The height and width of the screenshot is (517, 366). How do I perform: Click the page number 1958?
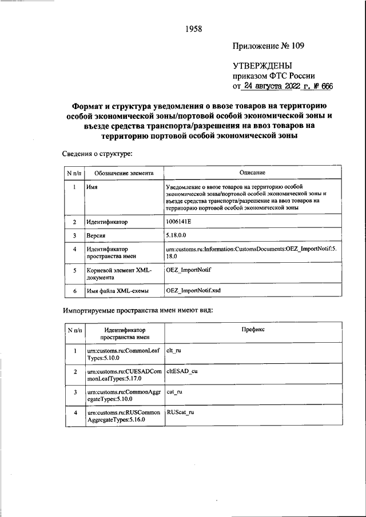(194, 29)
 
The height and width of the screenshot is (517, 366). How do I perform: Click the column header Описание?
(253, 173)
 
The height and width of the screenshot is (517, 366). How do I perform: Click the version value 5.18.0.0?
(178, 235)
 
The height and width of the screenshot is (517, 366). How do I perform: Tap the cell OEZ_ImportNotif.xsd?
(193, 291)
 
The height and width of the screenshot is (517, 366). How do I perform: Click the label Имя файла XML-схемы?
(117, 291)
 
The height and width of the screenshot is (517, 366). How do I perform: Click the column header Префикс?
(253, 330)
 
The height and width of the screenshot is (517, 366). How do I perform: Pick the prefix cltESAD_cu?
(181, 371)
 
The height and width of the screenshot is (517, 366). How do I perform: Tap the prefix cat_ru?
(174, 392)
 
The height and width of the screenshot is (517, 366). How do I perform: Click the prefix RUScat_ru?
(180, 412)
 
